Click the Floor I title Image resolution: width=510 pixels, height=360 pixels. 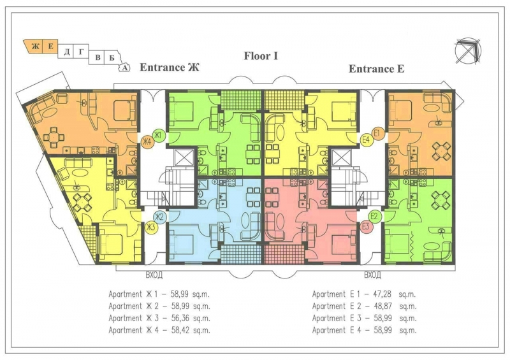click(x=261, y=56)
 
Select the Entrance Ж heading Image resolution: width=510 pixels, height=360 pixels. click(x=170, y=68)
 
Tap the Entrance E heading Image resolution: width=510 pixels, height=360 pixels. click(x=376, y=69)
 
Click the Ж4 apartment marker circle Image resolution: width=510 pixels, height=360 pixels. click(x=147, y=142)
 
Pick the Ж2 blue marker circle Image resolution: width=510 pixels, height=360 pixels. click(x=160, y=217)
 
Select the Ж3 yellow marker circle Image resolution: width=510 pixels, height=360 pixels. click(x=150, y=227)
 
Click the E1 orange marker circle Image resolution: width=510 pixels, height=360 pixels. click(x=377, y=133)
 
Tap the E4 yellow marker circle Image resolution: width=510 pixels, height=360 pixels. click(x=366, y=140)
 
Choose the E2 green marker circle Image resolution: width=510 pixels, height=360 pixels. click(x=374, y=216)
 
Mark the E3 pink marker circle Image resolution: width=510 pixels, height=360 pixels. click(x=365, y=227)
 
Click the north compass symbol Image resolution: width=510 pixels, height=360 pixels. click(x=468, y=51)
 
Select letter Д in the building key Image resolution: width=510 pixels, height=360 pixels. click(x=67, y=52)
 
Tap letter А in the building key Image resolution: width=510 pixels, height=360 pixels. click(x=124, y=68)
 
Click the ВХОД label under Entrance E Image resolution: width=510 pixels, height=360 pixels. click(x=372, y=275)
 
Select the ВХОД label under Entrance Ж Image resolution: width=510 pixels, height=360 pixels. click(x=154, y=275)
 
